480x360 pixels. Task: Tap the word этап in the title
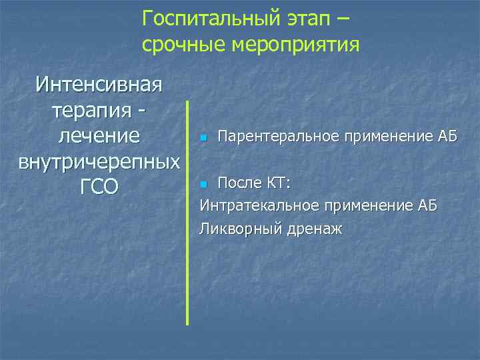tap(306, 19)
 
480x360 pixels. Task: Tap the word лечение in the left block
tap(99, 136)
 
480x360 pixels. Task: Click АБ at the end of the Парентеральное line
tap(447, 137)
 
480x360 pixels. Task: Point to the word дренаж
tap(315, 229)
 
